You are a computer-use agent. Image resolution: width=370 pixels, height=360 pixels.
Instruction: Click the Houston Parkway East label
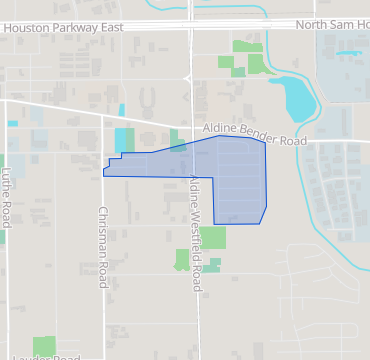pyautogui.click(x=64, y=28)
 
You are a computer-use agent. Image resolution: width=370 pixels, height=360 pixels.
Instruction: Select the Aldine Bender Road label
pyautogui.click(x=254, y=135)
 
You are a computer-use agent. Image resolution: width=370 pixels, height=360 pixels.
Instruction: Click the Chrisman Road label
pyautogui.click(x=102, y=245)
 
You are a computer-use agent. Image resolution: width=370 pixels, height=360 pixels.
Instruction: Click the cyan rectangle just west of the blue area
pyautogui.click(x=124, y=141)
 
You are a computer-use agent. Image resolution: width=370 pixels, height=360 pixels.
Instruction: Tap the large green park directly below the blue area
pyautogui.click(x=212, y=238)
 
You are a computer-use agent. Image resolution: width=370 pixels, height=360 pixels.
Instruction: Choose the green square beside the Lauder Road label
pyautogui.click(x=44, y=345)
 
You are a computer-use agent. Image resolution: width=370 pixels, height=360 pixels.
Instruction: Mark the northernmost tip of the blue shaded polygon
pyautogui.click(x=220, y=136)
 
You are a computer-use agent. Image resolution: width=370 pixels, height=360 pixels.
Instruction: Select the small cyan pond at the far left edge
pyautogui.click(x=12, y=123)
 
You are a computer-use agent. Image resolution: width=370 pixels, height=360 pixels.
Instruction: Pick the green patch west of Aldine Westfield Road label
pyautogui.click(x=181, y=259)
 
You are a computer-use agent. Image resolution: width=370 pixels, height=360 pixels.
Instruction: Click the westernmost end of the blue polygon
pyautogui.click(x=103, y=173)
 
